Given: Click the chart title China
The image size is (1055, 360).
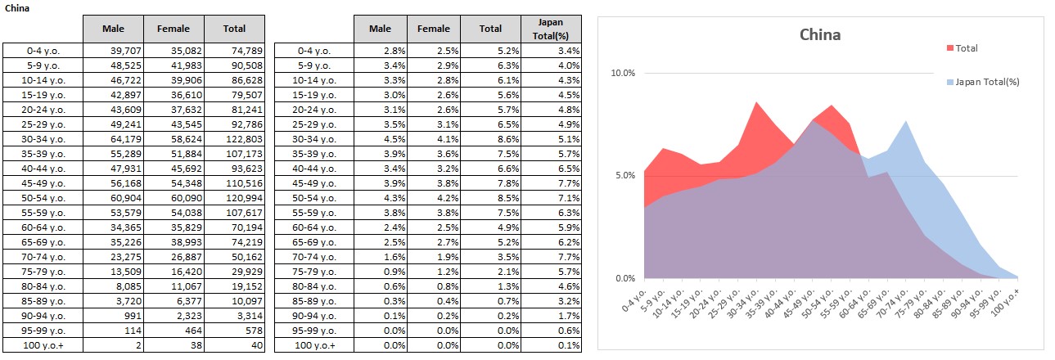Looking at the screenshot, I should point(819,35).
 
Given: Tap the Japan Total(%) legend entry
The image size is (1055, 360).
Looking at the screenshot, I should point(987,82).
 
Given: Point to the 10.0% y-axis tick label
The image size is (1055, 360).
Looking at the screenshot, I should point(623,74).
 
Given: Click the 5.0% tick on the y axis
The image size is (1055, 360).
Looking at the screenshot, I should point(625,176).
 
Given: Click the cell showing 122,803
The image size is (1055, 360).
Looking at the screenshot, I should point(234,140).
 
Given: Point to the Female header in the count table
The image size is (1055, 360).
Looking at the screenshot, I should point(174,29).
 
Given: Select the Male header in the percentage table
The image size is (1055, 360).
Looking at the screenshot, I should point(380,29).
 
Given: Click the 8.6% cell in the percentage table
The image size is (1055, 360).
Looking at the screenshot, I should point(491,140).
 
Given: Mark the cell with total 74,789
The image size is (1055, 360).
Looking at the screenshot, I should point(234,51).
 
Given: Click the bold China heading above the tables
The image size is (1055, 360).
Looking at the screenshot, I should point(16,7).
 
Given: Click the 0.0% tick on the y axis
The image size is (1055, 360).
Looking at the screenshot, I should point(625,278).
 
